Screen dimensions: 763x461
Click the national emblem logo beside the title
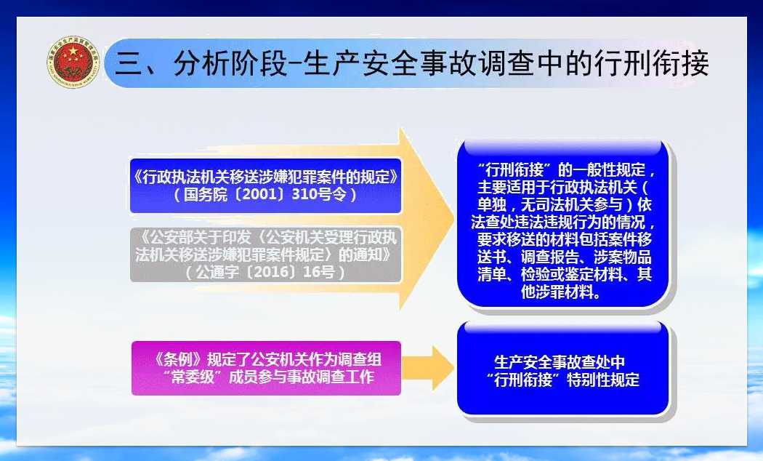(73, 62)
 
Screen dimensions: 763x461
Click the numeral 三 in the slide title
(128, 64)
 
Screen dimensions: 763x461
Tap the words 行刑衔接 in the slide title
(651, 63)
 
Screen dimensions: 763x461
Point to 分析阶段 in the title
(230, 63)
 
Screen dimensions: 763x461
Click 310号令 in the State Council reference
(319, 194)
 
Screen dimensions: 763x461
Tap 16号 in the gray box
(319, 272)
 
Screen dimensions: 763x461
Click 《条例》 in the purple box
(177, 359)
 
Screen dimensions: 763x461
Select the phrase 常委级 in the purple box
(193, 377)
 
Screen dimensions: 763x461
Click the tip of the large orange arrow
(454, 219)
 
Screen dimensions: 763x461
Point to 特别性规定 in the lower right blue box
(603, 380)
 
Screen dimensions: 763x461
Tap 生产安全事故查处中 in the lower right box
(560, 361)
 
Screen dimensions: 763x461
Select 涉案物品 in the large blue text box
(622, 257)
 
